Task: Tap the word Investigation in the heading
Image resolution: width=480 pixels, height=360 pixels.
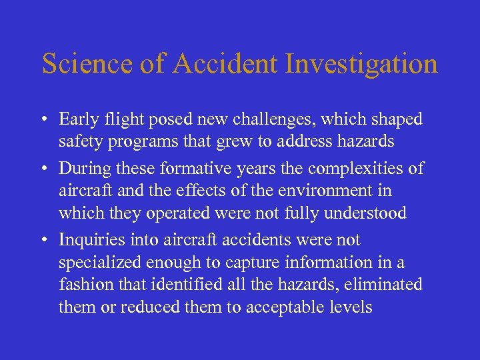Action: [x=362, y=64]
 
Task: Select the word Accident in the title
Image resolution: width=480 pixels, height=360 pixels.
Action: [x=221, y=63]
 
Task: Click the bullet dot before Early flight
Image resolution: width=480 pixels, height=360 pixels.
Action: [x=44, y=120]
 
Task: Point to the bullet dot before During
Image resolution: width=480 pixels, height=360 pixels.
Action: [x=44, y=169]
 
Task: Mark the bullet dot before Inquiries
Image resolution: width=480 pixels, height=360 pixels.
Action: [x=44, y=240]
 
